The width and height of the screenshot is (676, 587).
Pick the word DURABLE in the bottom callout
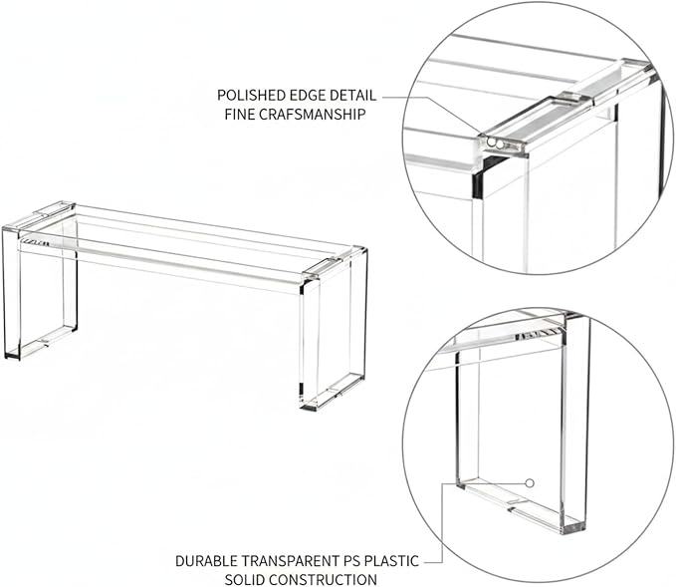(206, 561)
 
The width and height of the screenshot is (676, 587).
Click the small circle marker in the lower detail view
(531, 483)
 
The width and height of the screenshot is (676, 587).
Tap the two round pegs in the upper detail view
(495, 144)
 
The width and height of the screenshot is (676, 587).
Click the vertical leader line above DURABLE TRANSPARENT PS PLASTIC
(442, 522)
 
